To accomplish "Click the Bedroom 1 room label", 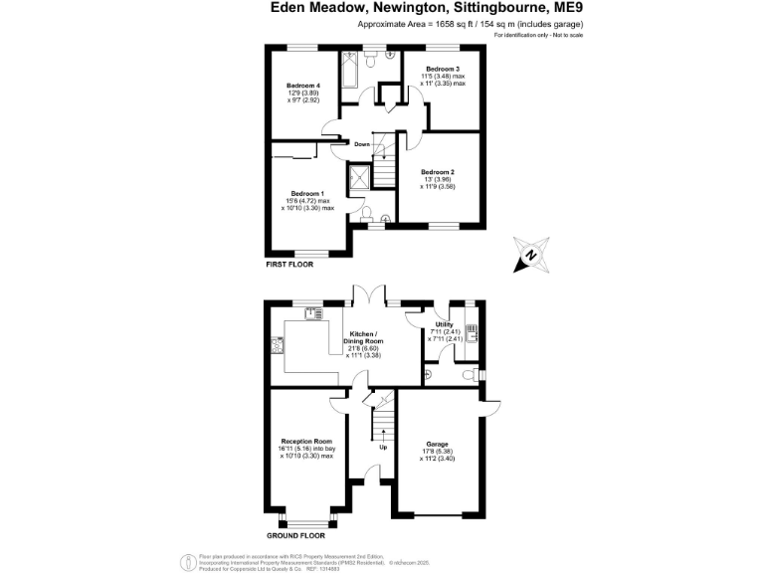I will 307,193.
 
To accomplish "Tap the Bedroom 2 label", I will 438,172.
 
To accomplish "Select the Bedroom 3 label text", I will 443,70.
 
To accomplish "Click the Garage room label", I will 438,444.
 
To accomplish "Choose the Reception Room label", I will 306,441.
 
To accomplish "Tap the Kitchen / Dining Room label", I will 363,338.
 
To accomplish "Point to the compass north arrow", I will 530,254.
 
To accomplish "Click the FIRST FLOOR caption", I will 289,266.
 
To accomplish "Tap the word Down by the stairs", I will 362,144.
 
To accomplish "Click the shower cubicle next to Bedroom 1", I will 360,176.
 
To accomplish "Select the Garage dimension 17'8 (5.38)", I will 438,453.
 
